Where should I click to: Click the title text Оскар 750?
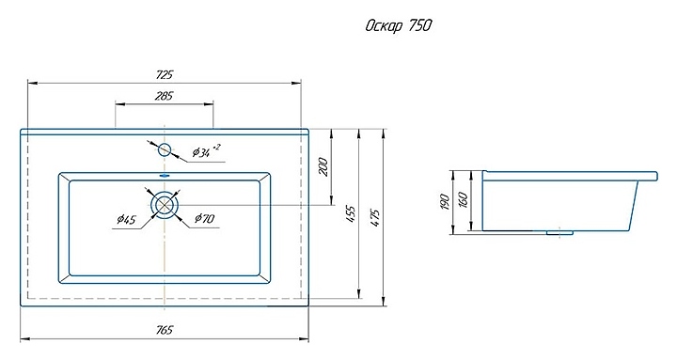(x=398, y=26)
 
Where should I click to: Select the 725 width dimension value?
(x=165, y=74)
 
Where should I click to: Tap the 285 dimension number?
(x=164, y=95)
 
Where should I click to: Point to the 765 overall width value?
(x=165, y=330)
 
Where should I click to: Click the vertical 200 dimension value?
(x=324, y=166)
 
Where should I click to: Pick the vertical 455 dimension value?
(x=351, y=213)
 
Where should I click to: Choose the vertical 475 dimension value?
(x=375, y=218)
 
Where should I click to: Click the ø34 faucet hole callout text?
(x=206, y=151)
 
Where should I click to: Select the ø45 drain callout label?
(x=126, y=220)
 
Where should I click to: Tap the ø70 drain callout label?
(x=204, y=218)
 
